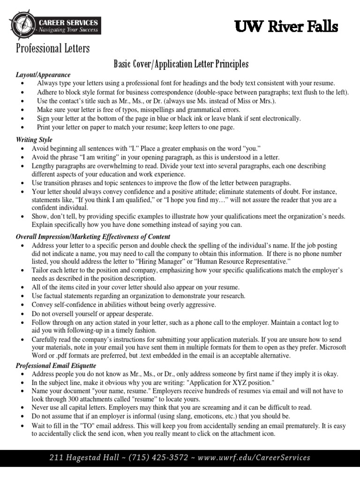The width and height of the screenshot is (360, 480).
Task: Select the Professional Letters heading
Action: (x=52, y=48)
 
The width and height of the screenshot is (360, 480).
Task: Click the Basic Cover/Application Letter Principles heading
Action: (x=181, y=64)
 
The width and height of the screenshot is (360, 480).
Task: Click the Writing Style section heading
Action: (x=34, y=140)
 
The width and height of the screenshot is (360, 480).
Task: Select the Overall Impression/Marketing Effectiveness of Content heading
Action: (x=93, y=237)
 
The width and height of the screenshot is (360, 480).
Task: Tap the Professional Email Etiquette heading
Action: (x=56, y=365)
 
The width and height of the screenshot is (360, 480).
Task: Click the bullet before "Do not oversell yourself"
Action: (x=23, y=314)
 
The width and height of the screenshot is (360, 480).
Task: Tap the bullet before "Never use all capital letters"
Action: (x=23, y=408)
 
